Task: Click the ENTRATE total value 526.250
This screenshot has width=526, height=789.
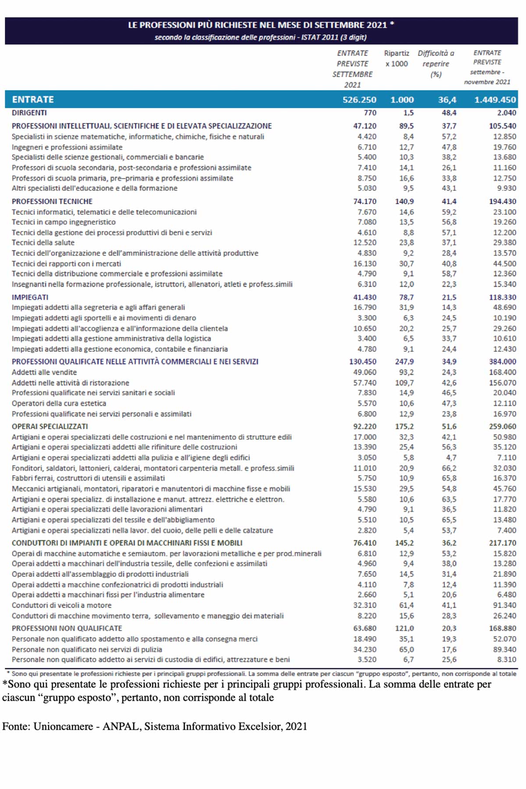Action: (x=359, y=100)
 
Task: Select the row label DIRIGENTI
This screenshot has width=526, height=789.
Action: (x=29, y=113)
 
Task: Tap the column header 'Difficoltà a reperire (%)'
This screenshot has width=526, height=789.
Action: (x=436, y=64)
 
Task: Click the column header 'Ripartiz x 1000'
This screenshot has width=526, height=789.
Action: (x=396, y=58)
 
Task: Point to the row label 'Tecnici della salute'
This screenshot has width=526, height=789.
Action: (x=43, y=243)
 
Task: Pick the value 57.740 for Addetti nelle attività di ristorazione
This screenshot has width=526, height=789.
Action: (x=365, y=383)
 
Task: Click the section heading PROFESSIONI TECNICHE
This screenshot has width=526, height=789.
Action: (x=52, y=202)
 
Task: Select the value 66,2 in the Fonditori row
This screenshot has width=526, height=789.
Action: (x=449, y=468)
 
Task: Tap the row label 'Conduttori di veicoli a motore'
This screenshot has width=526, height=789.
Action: (x=61, y=605)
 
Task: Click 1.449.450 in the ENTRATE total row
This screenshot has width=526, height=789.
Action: (x=495, y=100)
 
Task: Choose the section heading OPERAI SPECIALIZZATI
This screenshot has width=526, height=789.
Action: (x=50, y=426)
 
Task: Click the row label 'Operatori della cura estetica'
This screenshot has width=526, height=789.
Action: (x=59, y=403)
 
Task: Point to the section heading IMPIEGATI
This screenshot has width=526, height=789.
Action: (x=30, y=297)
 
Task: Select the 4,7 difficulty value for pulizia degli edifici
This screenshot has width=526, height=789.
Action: (x=451, y=458)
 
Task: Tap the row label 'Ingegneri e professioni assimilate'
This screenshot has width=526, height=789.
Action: (x=67, y=147)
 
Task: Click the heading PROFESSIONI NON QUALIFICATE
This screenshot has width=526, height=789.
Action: (x=67, y=629)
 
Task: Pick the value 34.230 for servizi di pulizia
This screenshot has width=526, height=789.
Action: (x=365, y=650)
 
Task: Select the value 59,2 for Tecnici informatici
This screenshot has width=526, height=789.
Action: (x=449, y=212)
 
